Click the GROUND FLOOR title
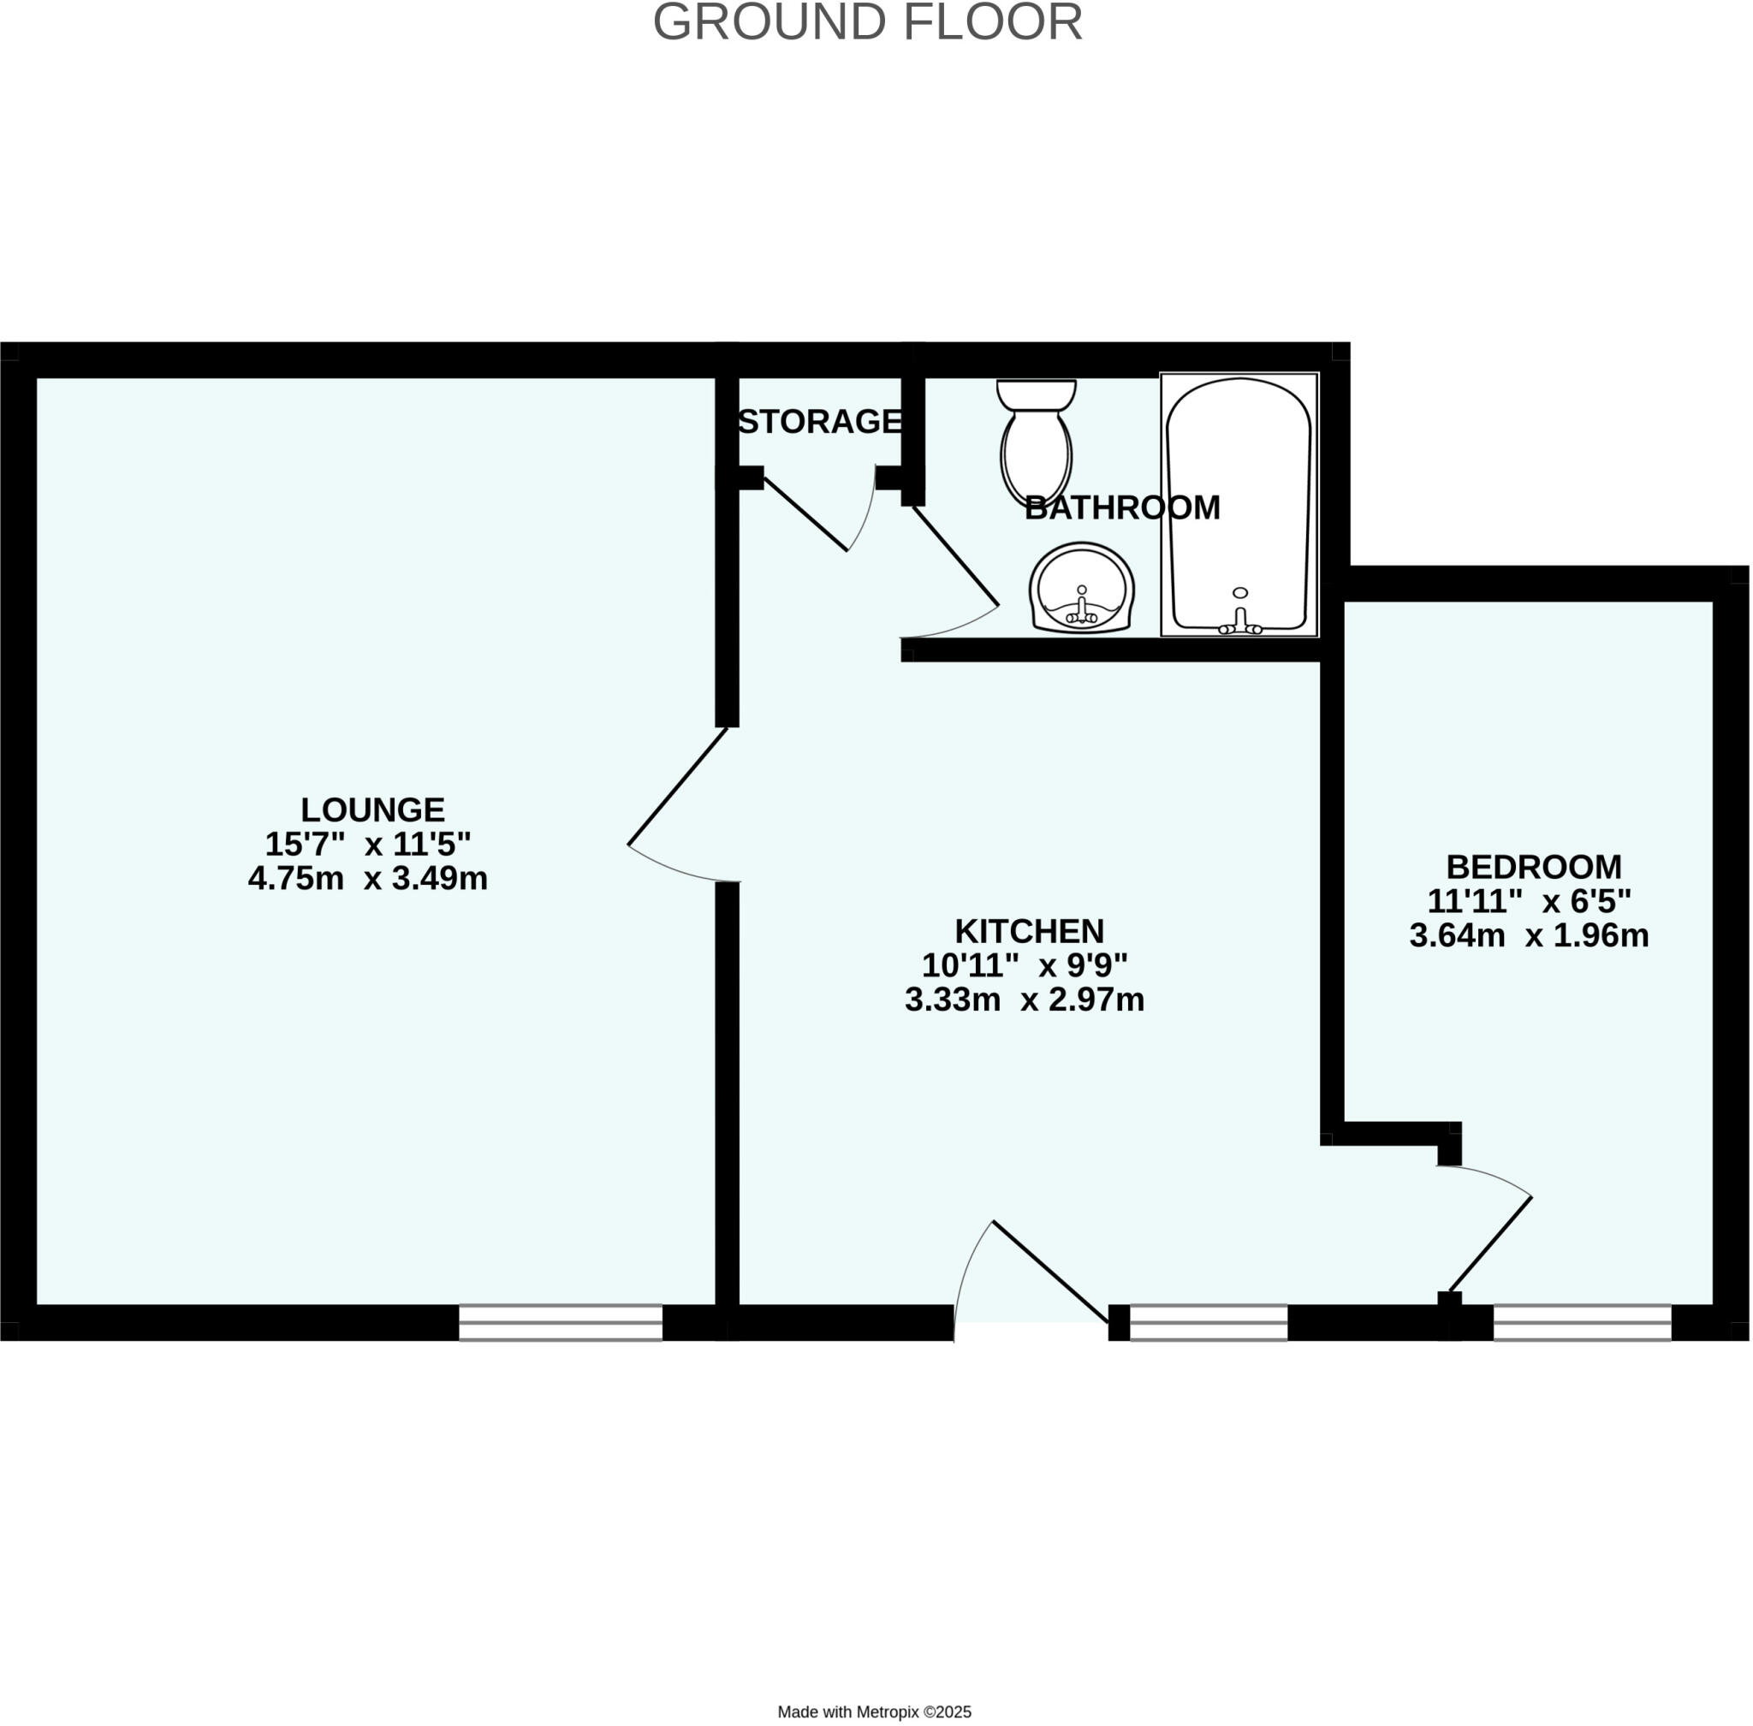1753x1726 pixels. pyautogui.click(x=867, y=22)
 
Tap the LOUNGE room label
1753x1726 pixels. pyautogui.click(x=372, y=810)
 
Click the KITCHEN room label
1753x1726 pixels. pyautogui.click(x=1030, y=931)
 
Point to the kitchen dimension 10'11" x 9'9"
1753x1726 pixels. pyautogui.click(x=1025, y=965)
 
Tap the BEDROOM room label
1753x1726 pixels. pyautogui.click(x=1534, y=867)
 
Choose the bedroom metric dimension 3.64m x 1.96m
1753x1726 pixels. pyautogui.click(x=1529, y=935)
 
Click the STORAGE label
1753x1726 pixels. pyautogui.click(x=819, y=422)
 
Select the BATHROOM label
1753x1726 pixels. pyautogui.click(x=1122, y=507)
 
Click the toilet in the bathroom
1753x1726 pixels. pyautogui.click(x=1036, y=440)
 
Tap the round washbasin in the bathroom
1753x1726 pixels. pyautogui.click(x=1081, y=587)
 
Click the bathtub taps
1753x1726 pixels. pyautogui.click(x=1239, y=624)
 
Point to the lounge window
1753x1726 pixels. pyautogui.click(x=561, y=1323)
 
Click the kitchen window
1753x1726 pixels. pyautogui.click(x=1208, y=1323)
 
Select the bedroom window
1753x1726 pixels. pyautogui.click(x=1582, y=1323)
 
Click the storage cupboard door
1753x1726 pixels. pyautogui.click(x=806, y=515)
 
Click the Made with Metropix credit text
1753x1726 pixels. pyautogui.click(x=874, y=1711)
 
